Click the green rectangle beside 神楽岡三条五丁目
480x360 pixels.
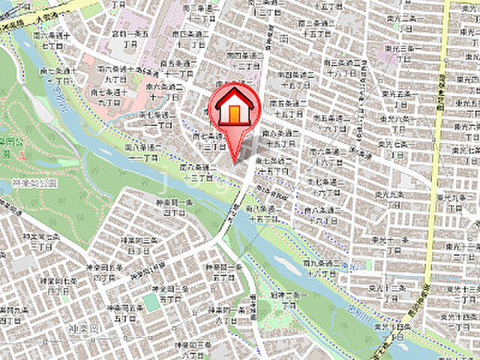click(x=151, y=301)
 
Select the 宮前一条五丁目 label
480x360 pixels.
click(x=125, y=37)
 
